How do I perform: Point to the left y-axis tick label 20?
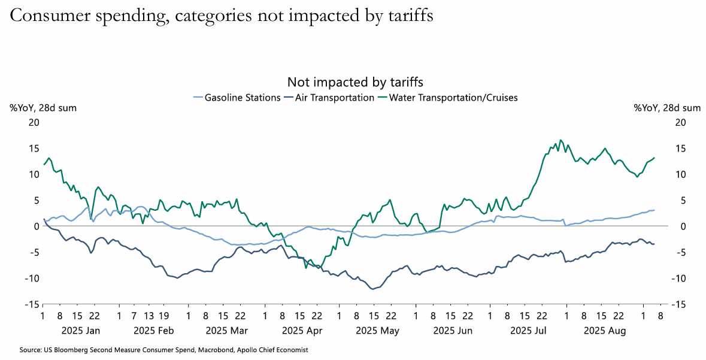34,122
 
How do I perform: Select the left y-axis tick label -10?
32,278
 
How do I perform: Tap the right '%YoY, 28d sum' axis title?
667,108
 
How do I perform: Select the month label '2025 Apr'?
302,330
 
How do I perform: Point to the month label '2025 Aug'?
605,330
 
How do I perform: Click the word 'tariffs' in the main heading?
408,16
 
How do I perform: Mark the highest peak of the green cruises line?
560,140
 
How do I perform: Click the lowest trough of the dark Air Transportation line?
373,289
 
